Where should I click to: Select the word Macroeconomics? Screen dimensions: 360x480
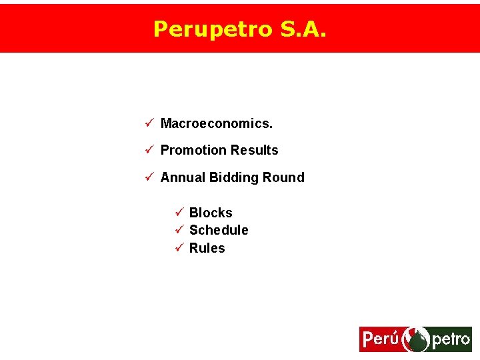217,124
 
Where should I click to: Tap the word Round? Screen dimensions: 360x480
284,178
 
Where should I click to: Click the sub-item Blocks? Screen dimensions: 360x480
211,213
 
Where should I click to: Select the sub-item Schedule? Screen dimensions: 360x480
219,231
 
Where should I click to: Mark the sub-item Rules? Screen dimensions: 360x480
207,249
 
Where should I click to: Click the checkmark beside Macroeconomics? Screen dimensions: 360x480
150,123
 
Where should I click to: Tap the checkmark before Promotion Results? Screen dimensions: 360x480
150,150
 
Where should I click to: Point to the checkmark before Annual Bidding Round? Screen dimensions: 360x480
150,177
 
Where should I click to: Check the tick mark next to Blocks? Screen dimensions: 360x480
179,213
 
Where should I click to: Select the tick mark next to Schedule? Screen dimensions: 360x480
179,230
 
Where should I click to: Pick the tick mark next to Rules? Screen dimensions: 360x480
179,248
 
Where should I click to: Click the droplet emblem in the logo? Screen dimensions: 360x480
418,340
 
